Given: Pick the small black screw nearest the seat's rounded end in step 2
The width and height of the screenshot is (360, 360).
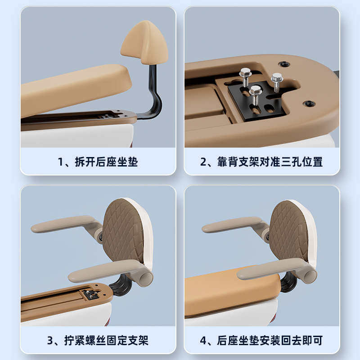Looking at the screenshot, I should point(309,103).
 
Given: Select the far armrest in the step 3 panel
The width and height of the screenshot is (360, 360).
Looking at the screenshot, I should point(63,224).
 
